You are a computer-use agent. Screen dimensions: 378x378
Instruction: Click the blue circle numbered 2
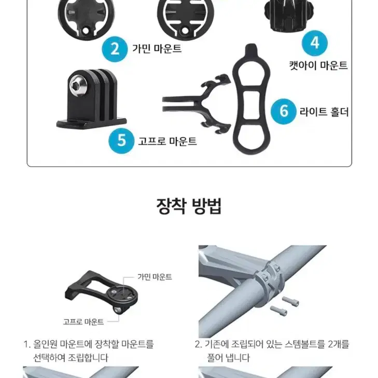(x=115, y=49)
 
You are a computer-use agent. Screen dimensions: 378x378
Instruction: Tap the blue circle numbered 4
(x=315, y=43)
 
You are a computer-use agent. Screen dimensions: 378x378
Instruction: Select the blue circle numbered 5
(x=121, y=141)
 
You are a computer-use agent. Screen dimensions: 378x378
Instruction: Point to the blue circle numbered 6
(x=284, y=111)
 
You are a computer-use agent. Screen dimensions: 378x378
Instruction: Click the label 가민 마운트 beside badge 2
(x=157, y=49)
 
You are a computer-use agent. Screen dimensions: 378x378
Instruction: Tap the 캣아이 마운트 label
(x=318, y=65)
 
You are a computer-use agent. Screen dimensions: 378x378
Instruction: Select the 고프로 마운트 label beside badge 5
(x=167, y=141)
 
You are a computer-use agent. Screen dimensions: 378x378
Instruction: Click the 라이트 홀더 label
(x=324, y=111)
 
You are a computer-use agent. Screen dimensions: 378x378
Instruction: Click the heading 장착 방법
(x=189, y=206)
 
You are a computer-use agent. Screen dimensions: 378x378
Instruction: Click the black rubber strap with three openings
(x=251, y=99)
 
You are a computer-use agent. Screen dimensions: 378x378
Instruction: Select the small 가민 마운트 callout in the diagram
(x=155, y=277)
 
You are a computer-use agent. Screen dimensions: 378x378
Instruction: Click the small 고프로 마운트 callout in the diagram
(x=83, y=321)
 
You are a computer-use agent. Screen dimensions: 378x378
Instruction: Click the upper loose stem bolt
(x=290, y=301)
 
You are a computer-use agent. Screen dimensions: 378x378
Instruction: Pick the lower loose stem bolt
(x=278, y=311)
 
